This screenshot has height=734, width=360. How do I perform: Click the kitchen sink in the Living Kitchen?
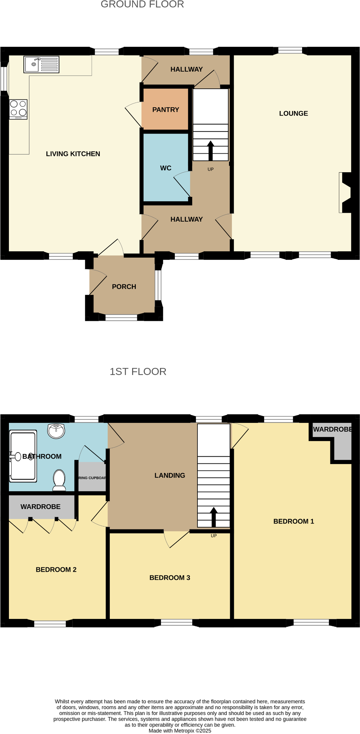tap(41, 65)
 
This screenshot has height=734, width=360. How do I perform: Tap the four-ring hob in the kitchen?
tap(18, 109)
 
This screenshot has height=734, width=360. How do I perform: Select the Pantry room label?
tap(166, 110)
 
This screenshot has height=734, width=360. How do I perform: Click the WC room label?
tap(166, 168)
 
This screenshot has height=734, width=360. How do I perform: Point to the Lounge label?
tap(293, 114)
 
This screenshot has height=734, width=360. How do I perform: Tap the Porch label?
tap(124, 287)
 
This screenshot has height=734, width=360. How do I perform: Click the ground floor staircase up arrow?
tap(210, 150)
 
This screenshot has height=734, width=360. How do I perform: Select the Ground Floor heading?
tap(142, 4)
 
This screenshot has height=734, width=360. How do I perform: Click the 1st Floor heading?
tap(138, 372)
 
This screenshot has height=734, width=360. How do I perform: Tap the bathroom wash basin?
tap(56, 431)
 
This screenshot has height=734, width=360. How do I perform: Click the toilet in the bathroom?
tap(59, 480)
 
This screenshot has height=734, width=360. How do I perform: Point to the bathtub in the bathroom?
tap(23, 456)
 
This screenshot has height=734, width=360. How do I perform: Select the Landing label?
tap(170, 476)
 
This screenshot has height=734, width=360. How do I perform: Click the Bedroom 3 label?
tap(170, 578)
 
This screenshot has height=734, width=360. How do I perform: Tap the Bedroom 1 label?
tap(294, 521)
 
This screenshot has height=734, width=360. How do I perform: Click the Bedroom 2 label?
tap(56, 570)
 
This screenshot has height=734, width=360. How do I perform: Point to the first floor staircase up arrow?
tap(213, 517)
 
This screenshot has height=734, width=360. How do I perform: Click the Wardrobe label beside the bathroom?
tap(40, 507)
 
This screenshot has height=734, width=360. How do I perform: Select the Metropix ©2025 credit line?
tap(180, 731)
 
